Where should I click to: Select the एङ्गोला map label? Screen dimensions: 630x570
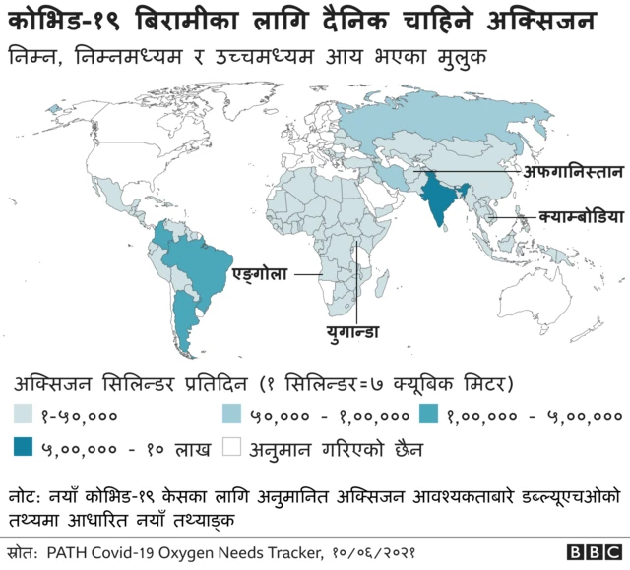[259, 273]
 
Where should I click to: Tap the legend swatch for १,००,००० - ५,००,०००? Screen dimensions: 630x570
[430, 416]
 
